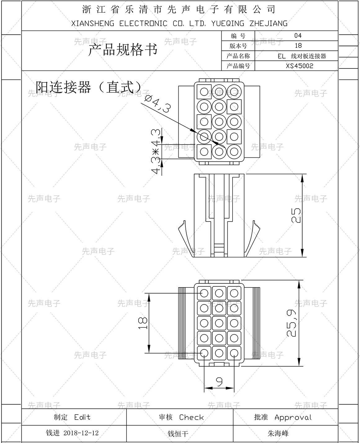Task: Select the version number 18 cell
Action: click(298, 46)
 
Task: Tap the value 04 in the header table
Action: click(298, 36)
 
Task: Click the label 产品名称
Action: click(238, 56)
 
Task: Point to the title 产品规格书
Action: click(123, 50)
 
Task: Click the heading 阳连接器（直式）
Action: click(89, 87)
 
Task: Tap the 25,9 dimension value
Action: click(292, 323)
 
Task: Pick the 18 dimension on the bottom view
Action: click(143, 323)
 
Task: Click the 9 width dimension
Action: click(219, 382)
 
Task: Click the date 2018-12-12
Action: click(81, 433)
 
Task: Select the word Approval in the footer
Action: click(293, 417)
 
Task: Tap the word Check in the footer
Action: click(191, 417)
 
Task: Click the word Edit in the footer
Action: click(82, 417)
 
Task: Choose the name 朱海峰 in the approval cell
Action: click(278, 433)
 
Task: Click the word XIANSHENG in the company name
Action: click(93, 24)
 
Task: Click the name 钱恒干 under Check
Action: click(178, 434)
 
